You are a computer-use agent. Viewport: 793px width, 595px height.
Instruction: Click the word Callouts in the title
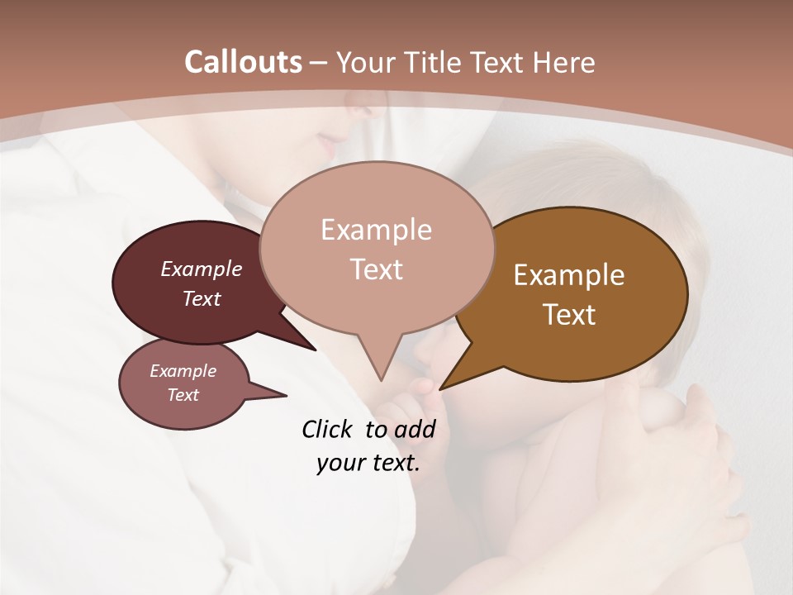coord(243,62)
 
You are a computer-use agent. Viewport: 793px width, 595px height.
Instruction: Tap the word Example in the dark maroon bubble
coord(202,269)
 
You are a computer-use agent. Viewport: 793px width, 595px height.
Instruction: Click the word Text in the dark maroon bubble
coord(202,298)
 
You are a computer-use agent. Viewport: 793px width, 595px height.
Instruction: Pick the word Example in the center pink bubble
coord(376,230)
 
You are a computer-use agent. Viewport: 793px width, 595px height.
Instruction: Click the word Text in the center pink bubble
coord(376,269)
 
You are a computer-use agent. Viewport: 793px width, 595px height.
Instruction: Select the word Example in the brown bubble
coord(569,275)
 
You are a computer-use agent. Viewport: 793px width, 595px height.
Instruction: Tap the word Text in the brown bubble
coord(569,315)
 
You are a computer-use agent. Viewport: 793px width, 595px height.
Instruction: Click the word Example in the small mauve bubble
coord(183,371)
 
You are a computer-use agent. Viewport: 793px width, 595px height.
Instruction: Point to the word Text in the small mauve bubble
coord(183,395)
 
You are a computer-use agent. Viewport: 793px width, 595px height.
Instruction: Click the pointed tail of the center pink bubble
coord(380,372)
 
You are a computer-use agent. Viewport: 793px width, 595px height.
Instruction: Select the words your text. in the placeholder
coord(368,463)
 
